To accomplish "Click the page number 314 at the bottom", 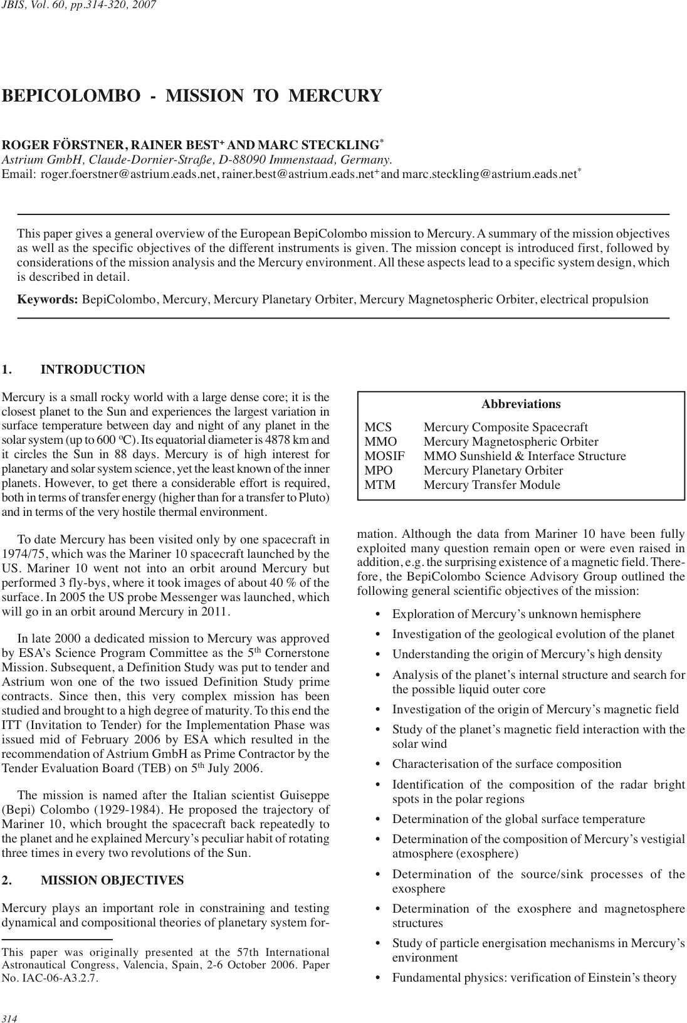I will [x=9, y=1018].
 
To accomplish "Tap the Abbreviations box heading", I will [x=521, y=404].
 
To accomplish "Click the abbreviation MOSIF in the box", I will [x=384, y=456].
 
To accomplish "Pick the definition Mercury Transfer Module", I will [x=491, y=485].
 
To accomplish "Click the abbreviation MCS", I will [x=378, y=428].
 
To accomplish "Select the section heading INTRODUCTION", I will [x=93, y=370].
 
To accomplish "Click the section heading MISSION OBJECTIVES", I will [x=112, y=881].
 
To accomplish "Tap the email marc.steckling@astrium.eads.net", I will [x=489, y=174].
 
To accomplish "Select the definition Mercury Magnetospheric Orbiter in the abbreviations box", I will [x=510, y=442].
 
